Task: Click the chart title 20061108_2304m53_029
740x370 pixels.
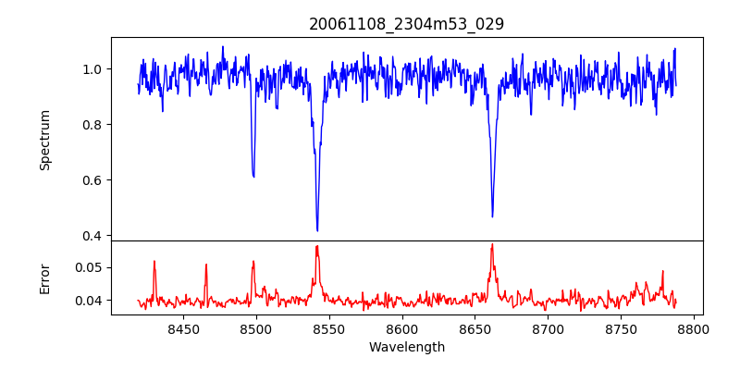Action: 406,24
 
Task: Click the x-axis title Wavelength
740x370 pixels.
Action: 406,348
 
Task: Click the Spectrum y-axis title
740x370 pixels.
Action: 45,140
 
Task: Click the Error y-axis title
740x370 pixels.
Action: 45,277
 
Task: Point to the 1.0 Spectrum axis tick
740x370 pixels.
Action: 92,69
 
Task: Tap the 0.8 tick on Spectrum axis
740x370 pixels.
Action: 92,125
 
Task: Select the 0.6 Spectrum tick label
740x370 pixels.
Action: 92,180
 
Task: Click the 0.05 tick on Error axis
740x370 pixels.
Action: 89,267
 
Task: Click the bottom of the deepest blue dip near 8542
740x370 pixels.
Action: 317,230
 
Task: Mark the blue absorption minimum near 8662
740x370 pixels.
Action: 492,216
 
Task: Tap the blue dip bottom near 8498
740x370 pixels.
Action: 253,176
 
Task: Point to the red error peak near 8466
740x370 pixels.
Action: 206,265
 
